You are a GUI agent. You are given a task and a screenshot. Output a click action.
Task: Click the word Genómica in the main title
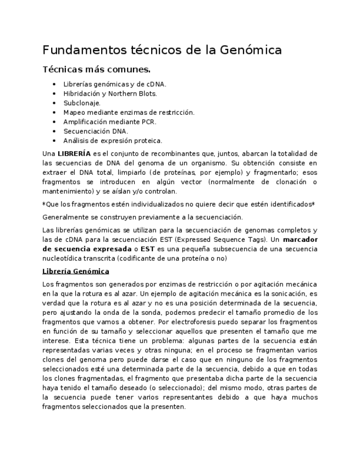[x=251, y=50]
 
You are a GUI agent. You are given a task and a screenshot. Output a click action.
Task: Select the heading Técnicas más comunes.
[x=96, y=70]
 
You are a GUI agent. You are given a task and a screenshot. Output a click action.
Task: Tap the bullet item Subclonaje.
[x=82, y=103]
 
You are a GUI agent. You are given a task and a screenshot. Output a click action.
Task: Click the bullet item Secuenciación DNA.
[x=96, y=131]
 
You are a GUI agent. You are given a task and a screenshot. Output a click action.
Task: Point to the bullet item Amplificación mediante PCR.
[x=109, y=122]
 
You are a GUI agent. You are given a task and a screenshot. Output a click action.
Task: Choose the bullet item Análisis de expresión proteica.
[x=113, y=141]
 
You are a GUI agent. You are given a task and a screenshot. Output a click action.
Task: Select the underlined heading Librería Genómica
[x=76, y=271]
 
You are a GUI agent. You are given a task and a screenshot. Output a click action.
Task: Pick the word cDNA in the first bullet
[x=156, y=84]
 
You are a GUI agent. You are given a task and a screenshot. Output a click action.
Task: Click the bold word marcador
[x=301, y=240]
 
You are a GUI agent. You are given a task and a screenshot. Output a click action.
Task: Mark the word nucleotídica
[x=66, y=258]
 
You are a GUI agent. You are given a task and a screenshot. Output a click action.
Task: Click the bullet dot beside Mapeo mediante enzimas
[x=53, y=113]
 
